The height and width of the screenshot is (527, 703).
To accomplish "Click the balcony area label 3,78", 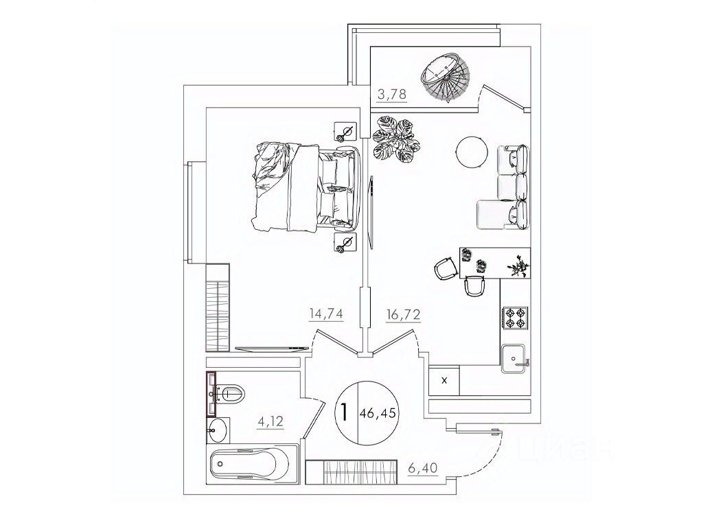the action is pyautogui.click(x=392, y=94).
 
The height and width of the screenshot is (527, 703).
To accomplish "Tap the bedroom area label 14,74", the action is pyautogui.click(x=326, y=314).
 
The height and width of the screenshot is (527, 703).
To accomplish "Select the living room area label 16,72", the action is pyautogui.click(x=404, y=315).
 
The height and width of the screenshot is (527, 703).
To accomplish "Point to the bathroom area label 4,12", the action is pyautogui.click(x=270, y=421).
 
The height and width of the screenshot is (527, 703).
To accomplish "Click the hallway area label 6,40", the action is pyautogui.click(x=422, y=468).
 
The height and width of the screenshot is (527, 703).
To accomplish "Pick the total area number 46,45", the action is pyautogui.click(x=378, y=413).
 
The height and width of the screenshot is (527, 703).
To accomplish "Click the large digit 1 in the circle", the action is pyautogui.click(x=345, y=412).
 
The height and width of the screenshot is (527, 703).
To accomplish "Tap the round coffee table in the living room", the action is pyautogui.click(x=471, y=152).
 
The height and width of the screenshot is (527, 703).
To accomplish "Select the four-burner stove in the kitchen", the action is pyautogui.click(x=515, y=317).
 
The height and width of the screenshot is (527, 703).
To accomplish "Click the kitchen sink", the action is pyautogui.click(x=515, y=358).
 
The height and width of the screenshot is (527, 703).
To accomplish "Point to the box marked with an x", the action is pyautogui.click(x=444, y=381).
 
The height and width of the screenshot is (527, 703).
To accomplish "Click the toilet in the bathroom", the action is pyautogui.click(x=228, y=394).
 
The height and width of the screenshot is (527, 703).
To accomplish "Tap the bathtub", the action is pyautogui.click(x=252, y=465).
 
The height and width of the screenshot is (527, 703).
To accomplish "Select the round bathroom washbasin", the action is pyautogui.click(x=218, y=430).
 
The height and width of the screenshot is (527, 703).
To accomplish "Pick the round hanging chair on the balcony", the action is pyautogui.click(x=444, y=78).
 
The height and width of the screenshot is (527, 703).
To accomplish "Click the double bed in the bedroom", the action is pyautogui.click(x=306, y=187).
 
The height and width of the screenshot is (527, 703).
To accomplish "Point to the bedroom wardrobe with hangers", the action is pyautogui.click(x=218, y=307).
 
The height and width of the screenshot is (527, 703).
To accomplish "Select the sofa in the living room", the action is pyautogui.click(x=505, y=187).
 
